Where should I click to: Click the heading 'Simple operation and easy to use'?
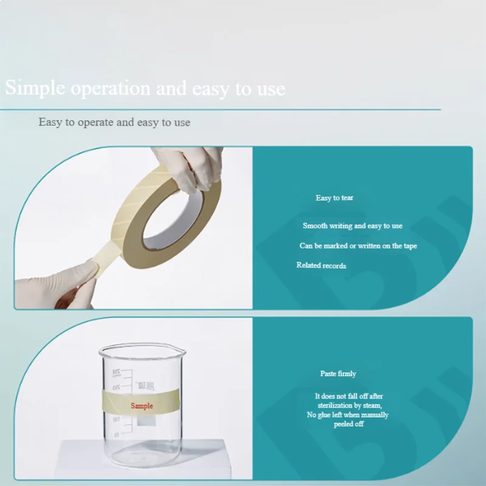coord(145,88)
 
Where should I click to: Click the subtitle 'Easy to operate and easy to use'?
coord(114,122)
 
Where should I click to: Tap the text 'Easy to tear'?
coord(334,198)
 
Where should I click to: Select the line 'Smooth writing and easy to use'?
coord(352,226)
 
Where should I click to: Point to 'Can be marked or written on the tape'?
coord(358,246)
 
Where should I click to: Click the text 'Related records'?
coord(321,265)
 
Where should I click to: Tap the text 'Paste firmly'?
coord(338,374)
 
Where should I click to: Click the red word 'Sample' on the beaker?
coord(142,406)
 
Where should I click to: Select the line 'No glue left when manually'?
coord(347,415)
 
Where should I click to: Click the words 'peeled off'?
coord(348,424)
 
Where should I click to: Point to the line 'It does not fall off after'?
coord(349,396)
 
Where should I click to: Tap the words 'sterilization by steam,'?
coord(349,405)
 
